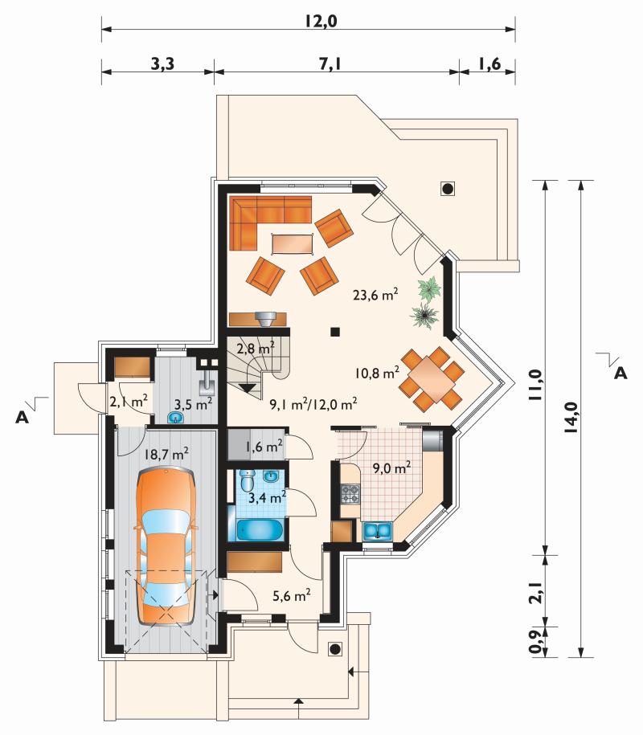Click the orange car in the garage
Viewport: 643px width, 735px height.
pyautogui.click(x=165, y=546)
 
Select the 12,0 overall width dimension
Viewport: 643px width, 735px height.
pyautogui.click(x=321, y=21)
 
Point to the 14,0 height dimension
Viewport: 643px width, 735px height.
pyautogui.click(x=571, y=417)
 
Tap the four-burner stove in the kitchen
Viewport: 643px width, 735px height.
pyautogui.click(x=350, y=494)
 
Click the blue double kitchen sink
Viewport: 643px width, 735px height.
pyautogui.click(x=378, y=532)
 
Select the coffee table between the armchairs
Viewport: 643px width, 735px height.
pyautogui.click(x=293, y=243)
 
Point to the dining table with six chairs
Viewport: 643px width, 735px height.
pyautogui.click(x=431, y=378)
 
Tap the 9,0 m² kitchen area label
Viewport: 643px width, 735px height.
pyautogui.click(x=391, y=468)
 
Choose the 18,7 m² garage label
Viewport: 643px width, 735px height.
pyautogui.click(x=166, y=454)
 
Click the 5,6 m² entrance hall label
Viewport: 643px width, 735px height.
pyautogui.click(x=291, y=595)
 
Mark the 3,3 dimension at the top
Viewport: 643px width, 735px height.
pyautogui.click(x=162, y=63)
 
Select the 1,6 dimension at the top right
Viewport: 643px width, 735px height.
pyautogui.click(x=489, y=63)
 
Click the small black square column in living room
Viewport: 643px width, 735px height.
pyautogui.click(x=335, y=332)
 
